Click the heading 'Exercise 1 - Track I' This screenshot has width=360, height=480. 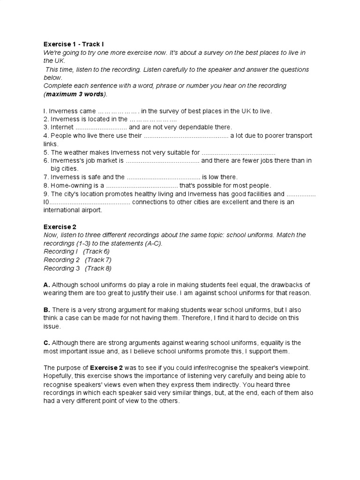[74, 45]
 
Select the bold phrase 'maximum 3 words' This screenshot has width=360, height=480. [75, 94]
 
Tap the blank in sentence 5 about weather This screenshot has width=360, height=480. [238, 152]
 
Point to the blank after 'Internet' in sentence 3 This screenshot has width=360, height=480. [101, 127]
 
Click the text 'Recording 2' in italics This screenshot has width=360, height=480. [59, 260]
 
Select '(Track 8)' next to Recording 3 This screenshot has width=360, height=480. [98, 268]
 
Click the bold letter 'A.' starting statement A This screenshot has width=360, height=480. [47, 285]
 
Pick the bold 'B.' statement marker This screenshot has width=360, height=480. [47, 310]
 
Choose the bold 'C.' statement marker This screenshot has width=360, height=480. [47, 343]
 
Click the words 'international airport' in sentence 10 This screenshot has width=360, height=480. [72, 210]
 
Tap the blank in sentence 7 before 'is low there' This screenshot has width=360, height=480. [164, 177]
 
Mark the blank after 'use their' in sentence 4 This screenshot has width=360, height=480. [185, 135]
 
